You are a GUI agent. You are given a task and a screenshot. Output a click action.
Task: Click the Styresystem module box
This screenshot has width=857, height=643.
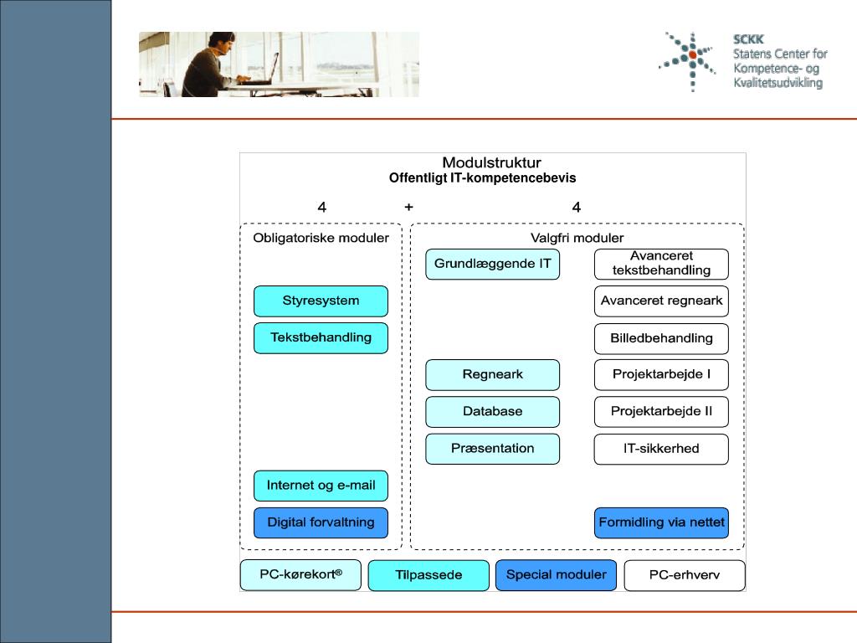tap(321, 301)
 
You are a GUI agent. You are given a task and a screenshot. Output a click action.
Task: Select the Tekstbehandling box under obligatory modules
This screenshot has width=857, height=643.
tap(321, 338)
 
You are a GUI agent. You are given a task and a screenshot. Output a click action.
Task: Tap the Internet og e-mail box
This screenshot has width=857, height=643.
tap(321, 486)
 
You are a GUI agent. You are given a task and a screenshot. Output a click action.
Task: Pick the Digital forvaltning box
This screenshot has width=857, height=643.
tap(321, 522)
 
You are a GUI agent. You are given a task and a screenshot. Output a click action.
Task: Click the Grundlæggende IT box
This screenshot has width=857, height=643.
tap(492, 265)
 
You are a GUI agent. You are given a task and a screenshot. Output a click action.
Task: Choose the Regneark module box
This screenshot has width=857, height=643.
tap(492, 375)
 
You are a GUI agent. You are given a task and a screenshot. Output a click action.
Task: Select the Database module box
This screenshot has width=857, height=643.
tap(492, 412)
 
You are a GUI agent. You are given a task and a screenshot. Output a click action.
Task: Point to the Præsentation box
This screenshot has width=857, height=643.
tap(492, 449)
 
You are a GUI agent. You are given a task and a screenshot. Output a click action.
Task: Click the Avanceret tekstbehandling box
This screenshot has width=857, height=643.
tap(661, 264)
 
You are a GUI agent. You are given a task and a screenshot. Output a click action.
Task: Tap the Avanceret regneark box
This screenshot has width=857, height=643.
tap(661, 301)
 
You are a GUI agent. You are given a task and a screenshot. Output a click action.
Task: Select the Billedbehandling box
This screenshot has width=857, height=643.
tap(661, 338)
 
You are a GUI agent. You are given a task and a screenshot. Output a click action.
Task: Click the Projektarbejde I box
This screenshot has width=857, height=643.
tap(661, 375)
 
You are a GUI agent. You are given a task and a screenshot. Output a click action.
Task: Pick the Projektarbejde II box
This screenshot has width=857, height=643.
tap(661, 412)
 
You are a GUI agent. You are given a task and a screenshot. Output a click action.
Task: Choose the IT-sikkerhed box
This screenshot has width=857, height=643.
tap(661, 449)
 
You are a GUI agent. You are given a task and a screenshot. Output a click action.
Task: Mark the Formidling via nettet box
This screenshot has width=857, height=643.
tap(661, 522)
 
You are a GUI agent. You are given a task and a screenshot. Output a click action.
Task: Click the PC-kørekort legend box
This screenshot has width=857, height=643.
tap(300, 575)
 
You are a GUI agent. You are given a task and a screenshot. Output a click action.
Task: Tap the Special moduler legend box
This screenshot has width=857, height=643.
tap(556, 575)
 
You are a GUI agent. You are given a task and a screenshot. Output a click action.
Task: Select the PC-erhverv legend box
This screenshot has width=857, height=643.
tap(684, 575)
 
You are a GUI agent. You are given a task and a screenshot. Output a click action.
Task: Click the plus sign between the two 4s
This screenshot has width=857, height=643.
tap(408, 207)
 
